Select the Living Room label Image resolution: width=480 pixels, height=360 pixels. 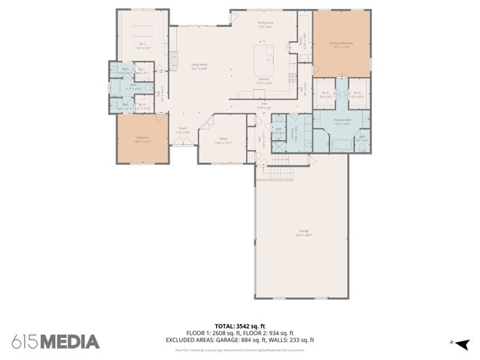click(x=198, y=67)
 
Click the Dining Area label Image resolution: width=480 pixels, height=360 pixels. click(x=265, y=24)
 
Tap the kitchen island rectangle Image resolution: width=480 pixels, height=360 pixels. click(x=264, y=57)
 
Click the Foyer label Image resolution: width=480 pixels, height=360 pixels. click(x=182, y=130)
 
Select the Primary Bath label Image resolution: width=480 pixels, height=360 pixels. click(x=342, y=121)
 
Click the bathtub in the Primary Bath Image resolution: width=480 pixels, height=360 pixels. click(x=341, y=143)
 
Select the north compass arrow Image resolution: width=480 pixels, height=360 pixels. click(x=463, y=343)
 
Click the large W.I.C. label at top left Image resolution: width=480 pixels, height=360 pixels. click(x=142, y=45)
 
